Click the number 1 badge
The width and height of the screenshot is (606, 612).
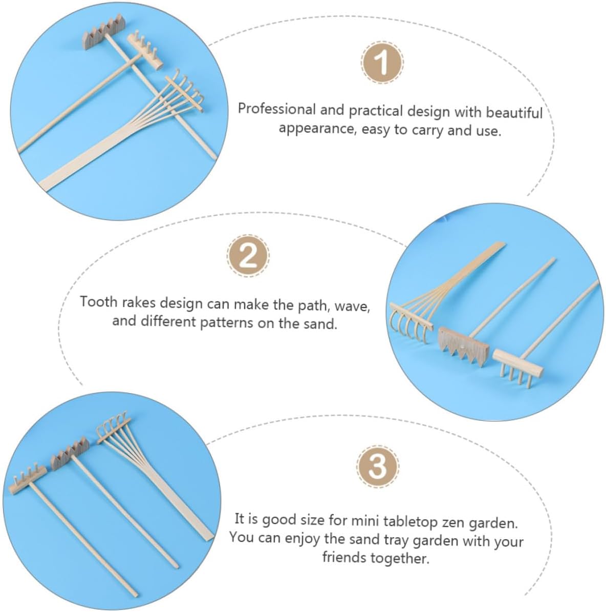tap(382, 63)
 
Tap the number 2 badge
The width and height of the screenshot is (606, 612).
tap(248, 256)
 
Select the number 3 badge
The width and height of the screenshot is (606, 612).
tap(377, 466)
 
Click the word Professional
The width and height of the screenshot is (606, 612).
tap(276, 109)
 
